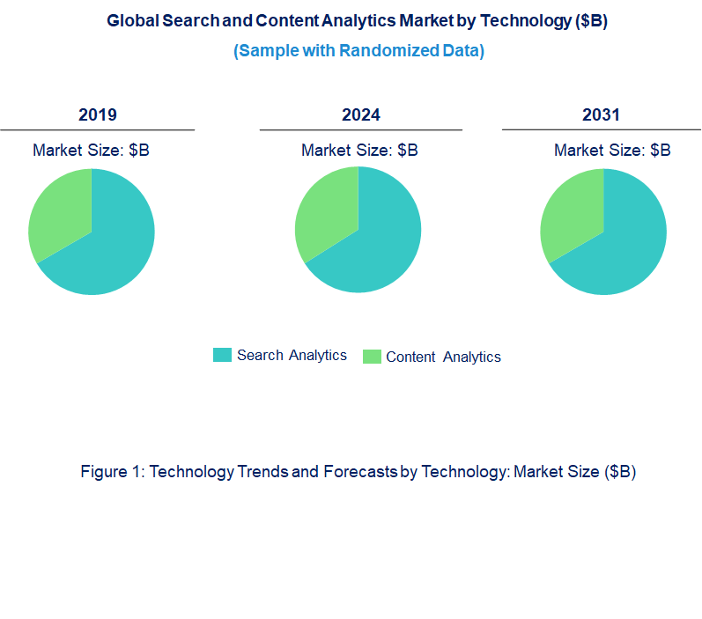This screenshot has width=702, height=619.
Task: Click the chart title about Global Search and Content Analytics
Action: (x=357, y=21)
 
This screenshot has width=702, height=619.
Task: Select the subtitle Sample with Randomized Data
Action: (x=358, y=51)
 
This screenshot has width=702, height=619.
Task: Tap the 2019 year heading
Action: (x=98, y=114)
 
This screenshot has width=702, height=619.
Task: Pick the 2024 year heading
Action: (x=361, y=114)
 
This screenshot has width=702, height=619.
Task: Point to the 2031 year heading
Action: (x=602, y=114)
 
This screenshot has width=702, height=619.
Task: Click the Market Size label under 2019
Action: (x=91, y=151)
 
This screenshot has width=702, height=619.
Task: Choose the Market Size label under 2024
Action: (x=359, y=151)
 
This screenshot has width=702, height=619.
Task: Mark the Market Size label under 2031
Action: (x=612, y=151)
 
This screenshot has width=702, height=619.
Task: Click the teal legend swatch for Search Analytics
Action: (x=222, y=355)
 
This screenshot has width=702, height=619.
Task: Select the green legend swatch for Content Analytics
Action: (x=373, y=357)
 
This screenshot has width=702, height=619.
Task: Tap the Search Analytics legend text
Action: (x=292, y=356)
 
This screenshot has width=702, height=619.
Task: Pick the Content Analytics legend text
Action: (x=443, y=357)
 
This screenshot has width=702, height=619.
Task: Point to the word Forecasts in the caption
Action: (x=360, y=472)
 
